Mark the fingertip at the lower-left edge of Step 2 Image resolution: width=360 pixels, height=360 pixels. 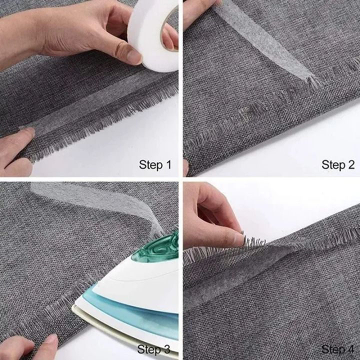pos(186,167)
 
